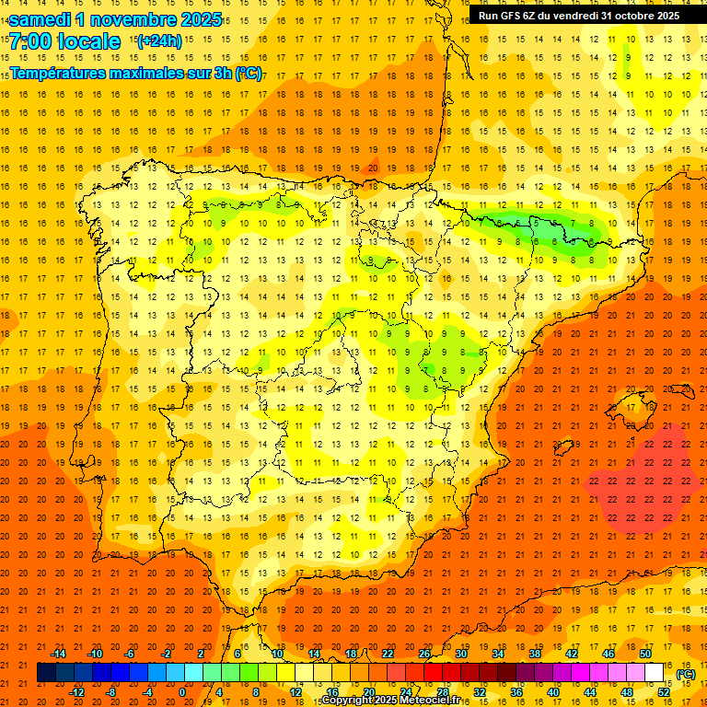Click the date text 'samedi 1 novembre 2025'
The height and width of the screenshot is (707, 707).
coord(115,19)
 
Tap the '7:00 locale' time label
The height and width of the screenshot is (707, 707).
coord(64,41)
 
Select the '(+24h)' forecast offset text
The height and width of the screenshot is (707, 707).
coord(159,41)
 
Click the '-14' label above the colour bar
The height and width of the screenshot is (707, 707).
coord(58,654)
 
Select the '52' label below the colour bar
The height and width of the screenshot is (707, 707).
coord(663,692)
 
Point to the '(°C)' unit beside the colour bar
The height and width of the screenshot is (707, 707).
coord(686,674)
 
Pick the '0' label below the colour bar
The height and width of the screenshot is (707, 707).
coord(182,692)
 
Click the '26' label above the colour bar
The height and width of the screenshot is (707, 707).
coord(424,654)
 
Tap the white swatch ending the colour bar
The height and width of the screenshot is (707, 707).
coord(655,673)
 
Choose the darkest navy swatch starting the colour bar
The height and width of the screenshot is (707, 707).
coord(46,673)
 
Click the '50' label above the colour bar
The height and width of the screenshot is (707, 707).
coord(645,654)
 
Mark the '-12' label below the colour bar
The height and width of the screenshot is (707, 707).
coord(76,692)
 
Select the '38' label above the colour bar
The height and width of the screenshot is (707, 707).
coord(535,654)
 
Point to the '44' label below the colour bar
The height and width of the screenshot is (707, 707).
coord(589,692)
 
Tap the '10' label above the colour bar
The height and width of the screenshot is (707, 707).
coord(277,654)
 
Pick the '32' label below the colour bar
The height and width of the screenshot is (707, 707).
coord(479,692)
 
